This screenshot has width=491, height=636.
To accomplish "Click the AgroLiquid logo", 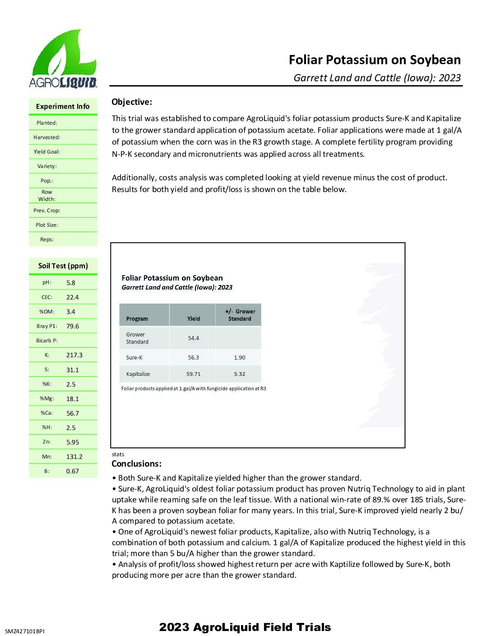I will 63,59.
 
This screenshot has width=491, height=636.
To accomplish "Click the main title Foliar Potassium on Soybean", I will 375,60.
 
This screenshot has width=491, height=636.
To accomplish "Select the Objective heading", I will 132,102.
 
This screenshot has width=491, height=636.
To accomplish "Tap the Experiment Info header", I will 63,107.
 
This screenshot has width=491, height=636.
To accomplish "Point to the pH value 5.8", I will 71,283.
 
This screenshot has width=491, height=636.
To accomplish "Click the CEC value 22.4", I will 72,297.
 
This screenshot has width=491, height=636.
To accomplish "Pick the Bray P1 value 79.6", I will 73,326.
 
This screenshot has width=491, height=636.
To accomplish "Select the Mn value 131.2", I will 74,457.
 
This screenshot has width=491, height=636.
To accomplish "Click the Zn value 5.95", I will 73,442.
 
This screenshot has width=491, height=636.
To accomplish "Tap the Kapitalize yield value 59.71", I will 194,374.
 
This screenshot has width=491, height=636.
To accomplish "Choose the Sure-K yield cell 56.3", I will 194,357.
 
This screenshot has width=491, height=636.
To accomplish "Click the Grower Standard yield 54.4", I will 194,338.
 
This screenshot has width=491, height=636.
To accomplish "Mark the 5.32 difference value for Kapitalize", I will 240,374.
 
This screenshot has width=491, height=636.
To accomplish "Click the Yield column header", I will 194,319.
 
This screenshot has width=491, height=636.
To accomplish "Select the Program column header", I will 137,319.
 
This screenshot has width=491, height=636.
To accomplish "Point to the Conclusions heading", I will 136,464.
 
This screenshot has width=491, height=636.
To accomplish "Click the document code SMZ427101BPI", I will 25,631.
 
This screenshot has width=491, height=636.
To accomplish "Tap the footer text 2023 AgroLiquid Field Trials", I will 245,627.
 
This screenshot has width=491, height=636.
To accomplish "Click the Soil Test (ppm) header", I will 63,266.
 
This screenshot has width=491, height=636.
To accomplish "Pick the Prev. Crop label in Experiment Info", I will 47,210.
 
